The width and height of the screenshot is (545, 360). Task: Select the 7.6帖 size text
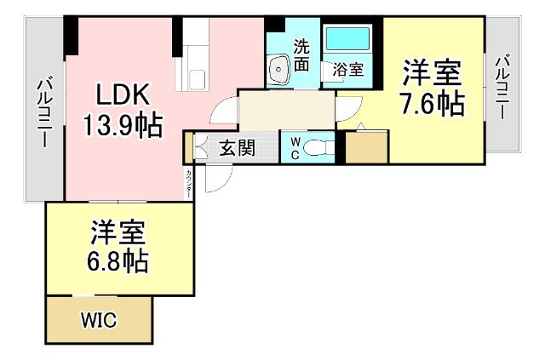433,105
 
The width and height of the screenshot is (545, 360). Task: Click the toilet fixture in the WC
318,147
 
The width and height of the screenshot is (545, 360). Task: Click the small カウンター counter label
188,184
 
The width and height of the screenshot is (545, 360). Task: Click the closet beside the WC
366,147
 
